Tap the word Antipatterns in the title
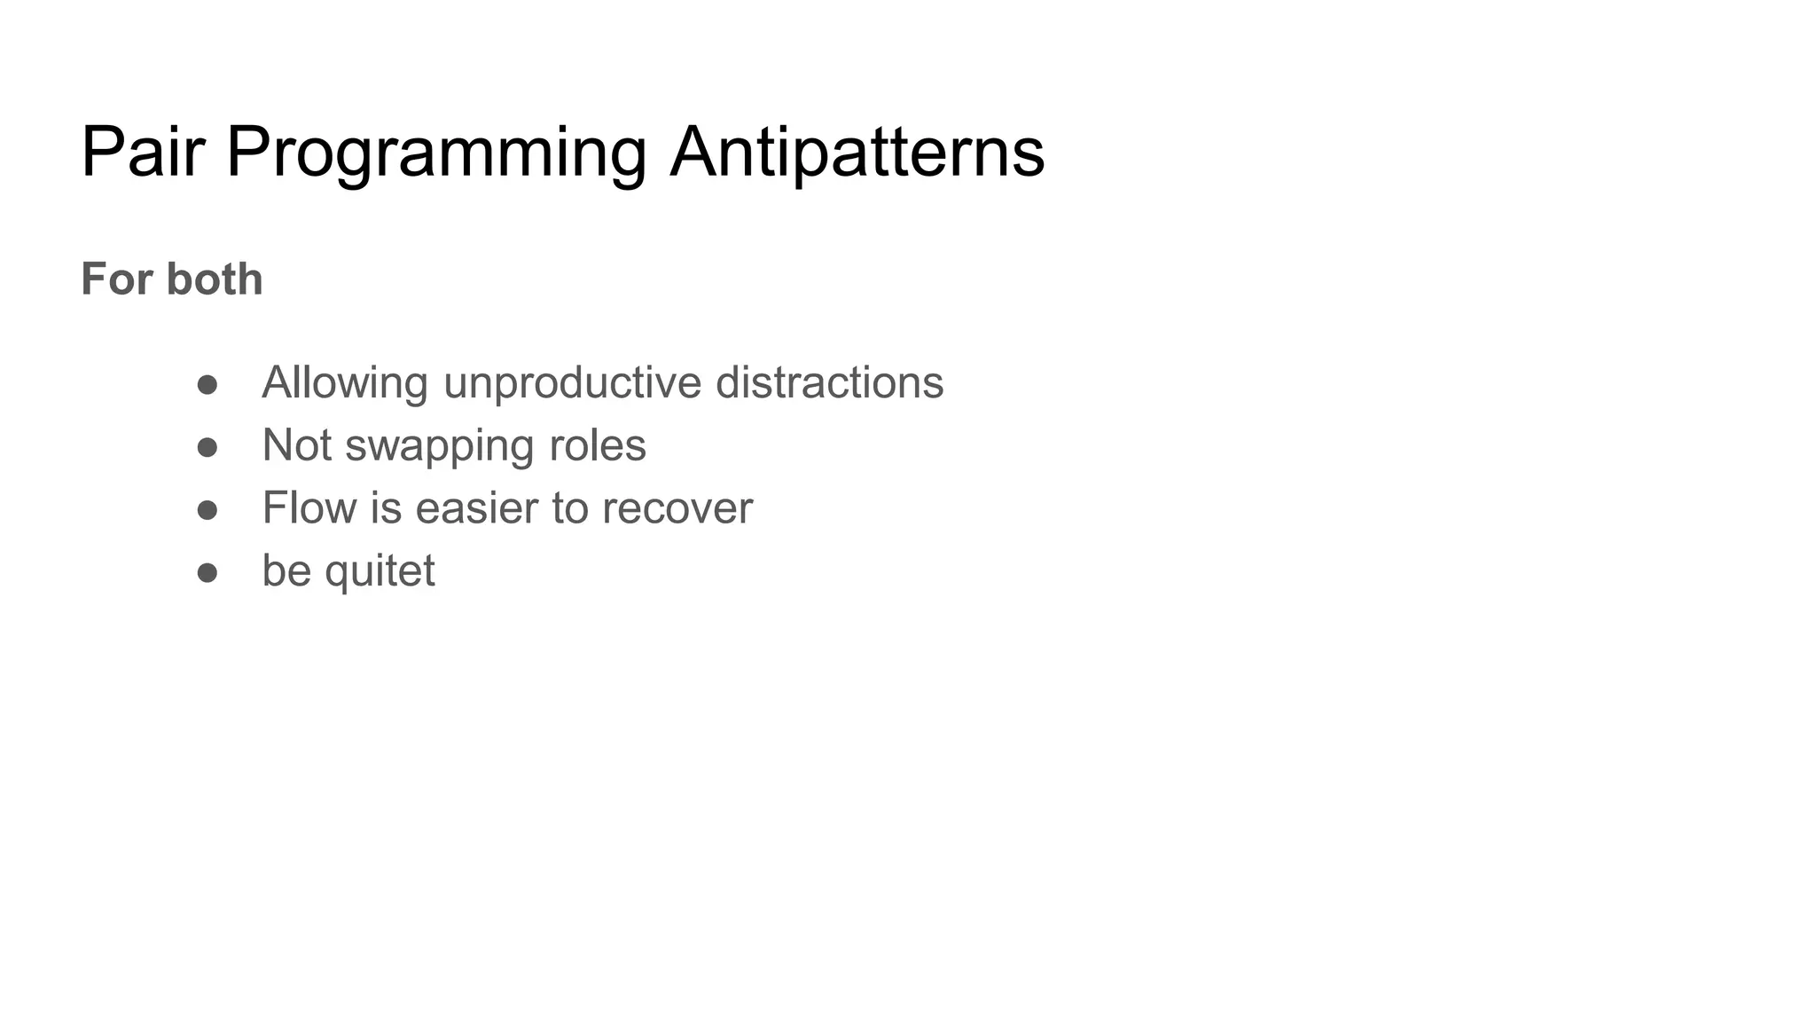857,153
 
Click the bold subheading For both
172,279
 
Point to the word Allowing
345,383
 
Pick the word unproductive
572,383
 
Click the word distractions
829,383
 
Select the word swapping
439,446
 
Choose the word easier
476,508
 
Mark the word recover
677,508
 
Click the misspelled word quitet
380,571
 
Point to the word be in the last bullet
286,570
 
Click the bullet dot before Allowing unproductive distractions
207,385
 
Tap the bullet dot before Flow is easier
207,510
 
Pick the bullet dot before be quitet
207,573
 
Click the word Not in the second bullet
297,445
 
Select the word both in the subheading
215,279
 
